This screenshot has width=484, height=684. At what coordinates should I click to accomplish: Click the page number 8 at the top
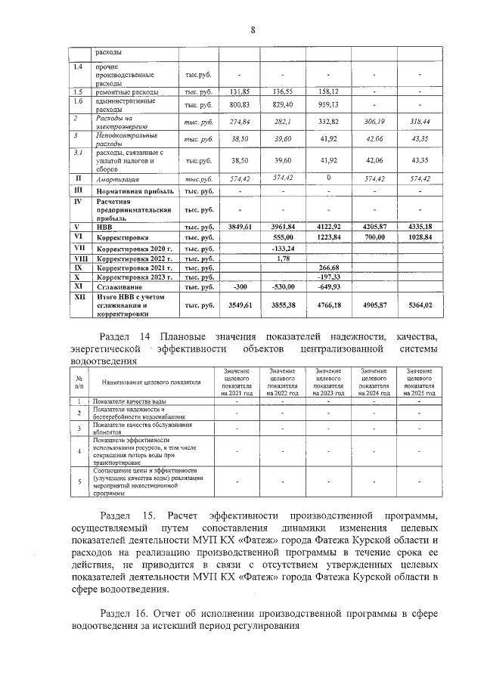253,29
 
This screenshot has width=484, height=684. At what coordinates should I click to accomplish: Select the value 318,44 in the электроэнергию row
419,121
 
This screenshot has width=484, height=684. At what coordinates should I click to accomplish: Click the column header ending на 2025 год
419,382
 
